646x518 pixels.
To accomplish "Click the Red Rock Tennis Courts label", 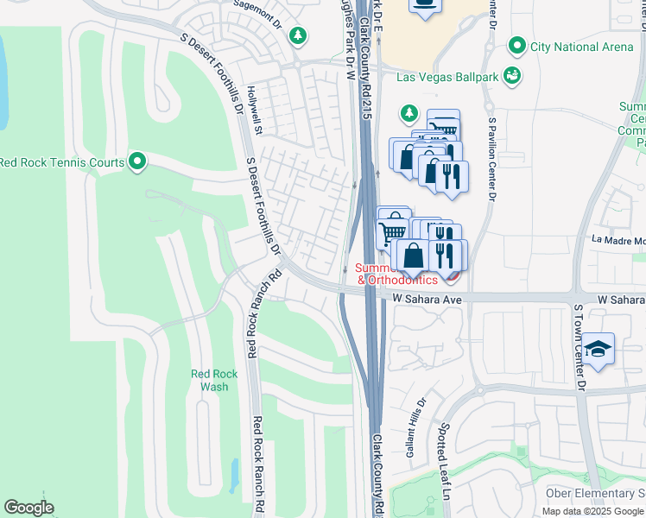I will [62, 161].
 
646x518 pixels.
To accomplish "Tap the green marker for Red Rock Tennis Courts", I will [137, 161].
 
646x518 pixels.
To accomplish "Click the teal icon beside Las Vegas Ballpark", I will [512, 76].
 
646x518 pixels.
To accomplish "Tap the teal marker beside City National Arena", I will [517, 45].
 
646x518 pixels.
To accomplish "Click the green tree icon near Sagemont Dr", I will [298, 35].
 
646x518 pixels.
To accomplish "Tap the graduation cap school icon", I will [598, 350].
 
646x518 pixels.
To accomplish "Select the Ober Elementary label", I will [595, 493].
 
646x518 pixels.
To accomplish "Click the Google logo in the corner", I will [28, 508].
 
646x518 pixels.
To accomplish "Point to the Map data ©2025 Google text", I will [592, 511].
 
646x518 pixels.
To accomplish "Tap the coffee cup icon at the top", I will [424, 4].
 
